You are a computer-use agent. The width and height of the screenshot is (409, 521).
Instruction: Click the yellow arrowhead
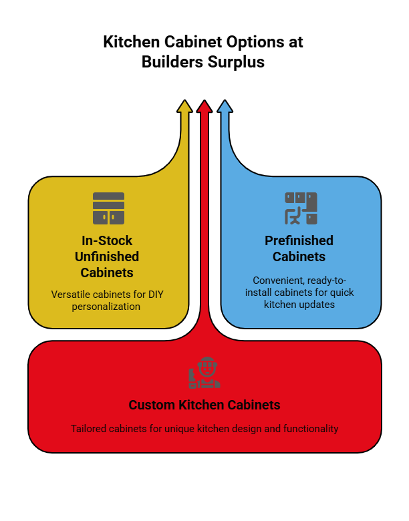pos(184,106)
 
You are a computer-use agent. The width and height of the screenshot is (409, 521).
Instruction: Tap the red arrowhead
pos(204,106)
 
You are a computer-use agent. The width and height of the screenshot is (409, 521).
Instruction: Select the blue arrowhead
pos(225,106)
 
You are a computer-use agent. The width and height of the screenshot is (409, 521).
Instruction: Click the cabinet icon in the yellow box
pos(108,208)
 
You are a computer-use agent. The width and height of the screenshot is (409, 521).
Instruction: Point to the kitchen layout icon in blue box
pos(301,208)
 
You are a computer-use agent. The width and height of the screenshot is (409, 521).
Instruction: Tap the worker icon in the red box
pos(204,373)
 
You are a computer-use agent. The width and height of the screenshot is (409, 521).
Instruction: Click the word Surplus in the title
pos(236,62)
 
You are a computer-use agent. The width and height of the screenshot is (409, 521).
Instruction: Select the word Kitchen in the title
pos(132,42)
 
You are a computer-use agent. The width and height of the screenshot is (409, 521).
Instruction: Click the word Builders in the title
pos(172,62)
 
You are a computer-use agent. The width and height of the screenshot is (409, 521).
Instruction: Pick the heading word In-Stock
pos(107,240)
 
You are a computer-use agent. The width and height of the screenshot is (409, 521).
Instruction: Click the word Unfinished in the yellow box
pos(107,256)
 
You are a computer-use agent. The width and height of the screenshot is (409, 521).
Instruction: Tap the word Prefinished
pos(299,240)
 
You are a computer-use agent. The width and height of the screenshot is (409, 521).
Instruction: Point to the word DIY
pos(156,295)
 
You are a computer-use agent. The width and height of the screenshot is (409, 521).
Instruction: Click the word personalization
pos(106,307)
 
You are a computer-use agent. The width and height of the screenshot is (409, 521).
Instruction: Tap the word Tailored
pos(88,429)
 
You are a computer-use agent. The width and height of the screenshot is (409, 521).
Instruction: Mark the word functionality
pos(311,429)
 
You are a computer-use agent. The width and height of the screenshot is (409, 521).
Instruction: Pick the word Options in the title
pos(255,42)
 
